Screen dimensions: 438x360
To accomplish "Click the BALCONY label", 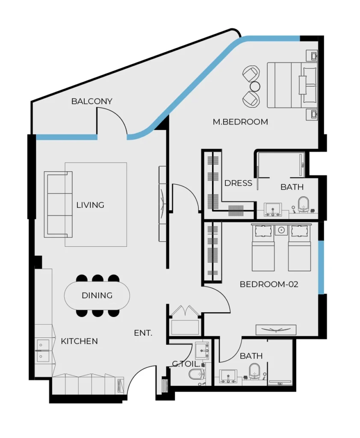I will tap(91, 101).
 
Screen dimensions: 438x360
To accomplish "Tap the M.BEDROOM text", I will tap(240, 122).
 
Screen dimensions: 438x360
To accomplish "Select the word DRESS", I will tap(238, 183).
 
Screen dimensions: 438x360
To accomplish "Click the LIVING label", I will tap(90, 205).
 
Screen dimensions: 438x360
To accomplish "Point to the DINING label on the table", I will tap(97, 295).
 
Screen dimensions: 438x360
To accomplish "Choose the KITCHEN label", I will tap(79, 341).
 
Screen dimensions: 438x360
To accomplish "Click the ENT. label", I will tap(143, 333).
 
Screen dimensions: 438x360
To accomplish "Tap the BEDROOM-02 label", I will tap(269, 284).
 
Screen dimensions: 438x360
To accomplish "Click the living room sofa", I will tap(58, 204).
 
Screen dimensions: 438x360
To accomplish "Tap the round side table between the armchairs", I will tap(255, 86).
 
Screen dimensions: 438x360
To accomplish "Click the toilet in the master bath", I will tap(304, 204).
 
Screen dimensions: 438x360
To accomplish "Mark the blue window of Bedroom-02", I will tap(321, 267).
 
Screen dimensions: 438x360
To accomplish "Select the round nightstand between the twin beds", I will tap(281, 231).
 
